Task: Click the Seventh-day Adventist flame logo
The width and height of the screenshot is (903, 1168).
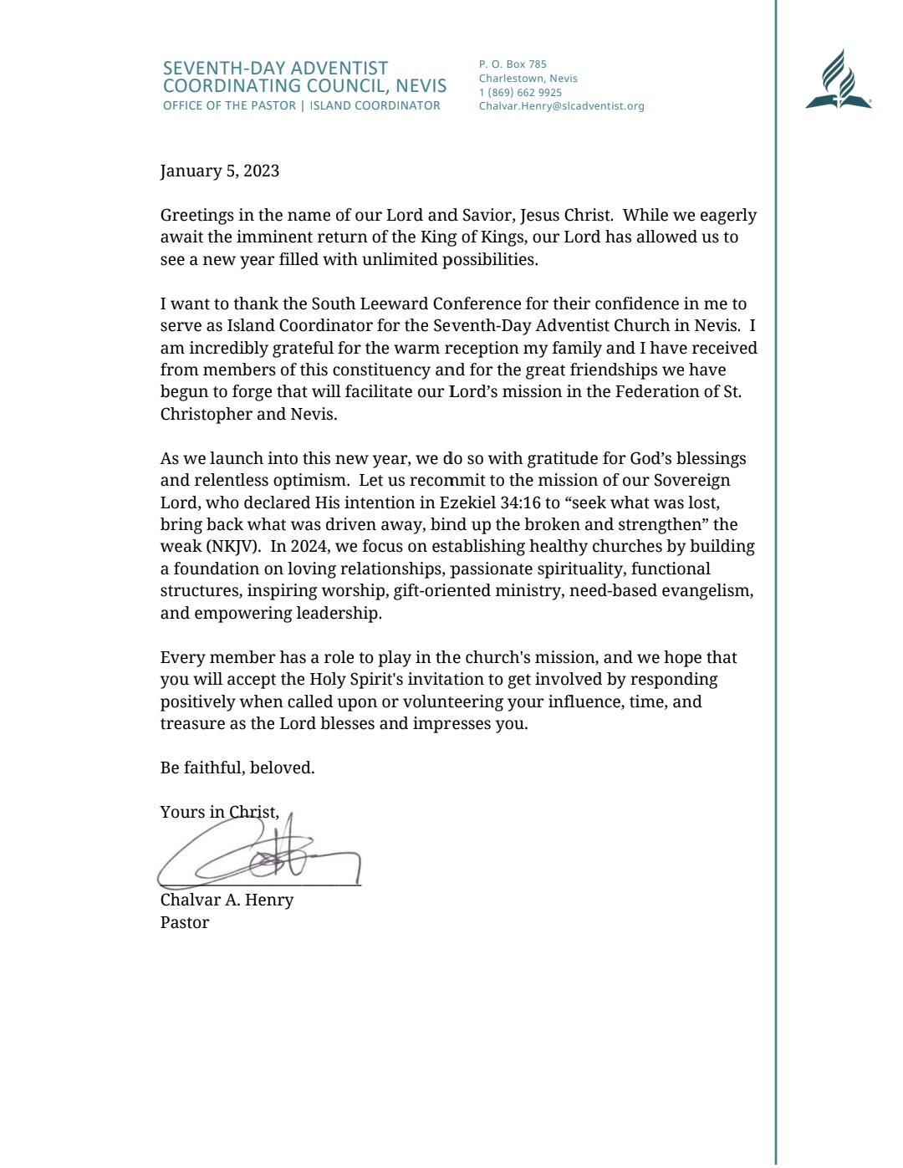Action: pos(838,80)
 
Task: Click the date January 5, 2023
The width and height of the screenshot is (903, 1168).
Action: pos(220,171)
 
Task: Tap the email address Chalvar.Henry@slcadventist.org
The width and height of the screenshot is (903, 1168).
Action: pos(561,106)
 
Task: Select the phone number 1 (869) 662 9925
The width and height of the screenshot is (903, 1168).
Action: pos(520,93)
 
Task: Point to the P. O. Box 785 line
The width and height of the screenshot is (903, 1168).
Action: pos(513,64)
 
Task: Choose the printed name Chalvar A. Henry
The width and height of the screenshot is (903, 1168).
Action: pos(227,900)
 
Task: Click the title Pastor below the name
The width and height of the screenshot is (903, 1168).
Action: pos(185,923)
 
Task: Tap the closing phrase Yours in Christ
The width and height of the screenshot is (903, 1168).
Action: pos(219,813)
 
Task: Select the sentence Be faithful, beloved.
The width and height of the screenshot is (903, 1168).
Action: pos(237,768)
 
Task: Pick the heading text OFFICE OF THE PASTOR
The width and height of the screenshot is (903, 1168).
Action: pos(229,106)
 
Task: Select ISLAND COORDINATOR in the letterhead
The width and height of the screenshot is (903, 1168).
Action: pos(375,106)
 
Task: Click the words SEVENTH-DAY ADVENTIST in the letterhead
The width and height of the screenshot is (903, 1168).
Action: pos(275,69)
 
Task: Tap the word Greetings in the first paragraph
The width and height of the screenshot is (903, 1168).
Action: pos(196,216)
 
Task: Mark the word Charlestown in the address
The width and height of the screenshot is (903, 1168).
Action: pos(510,79)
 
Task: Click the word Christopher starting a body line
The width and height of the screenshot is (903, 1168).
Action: pos(206,415)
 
